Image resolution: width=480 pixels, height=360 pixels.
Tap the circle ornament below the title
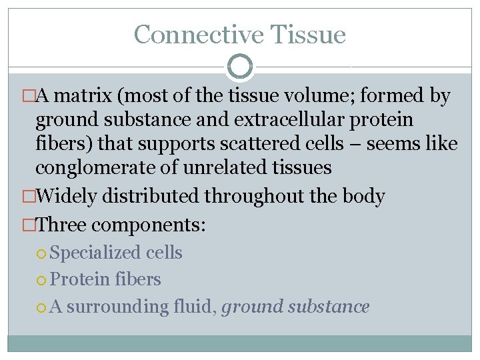[239, 67]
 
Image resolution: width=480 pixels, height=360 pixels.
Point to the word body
[363, 196]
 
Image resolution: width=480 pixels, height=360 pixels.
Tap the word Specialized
[95, 253]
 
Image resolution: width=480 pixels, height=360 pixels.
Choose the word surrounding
[117, 307]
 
